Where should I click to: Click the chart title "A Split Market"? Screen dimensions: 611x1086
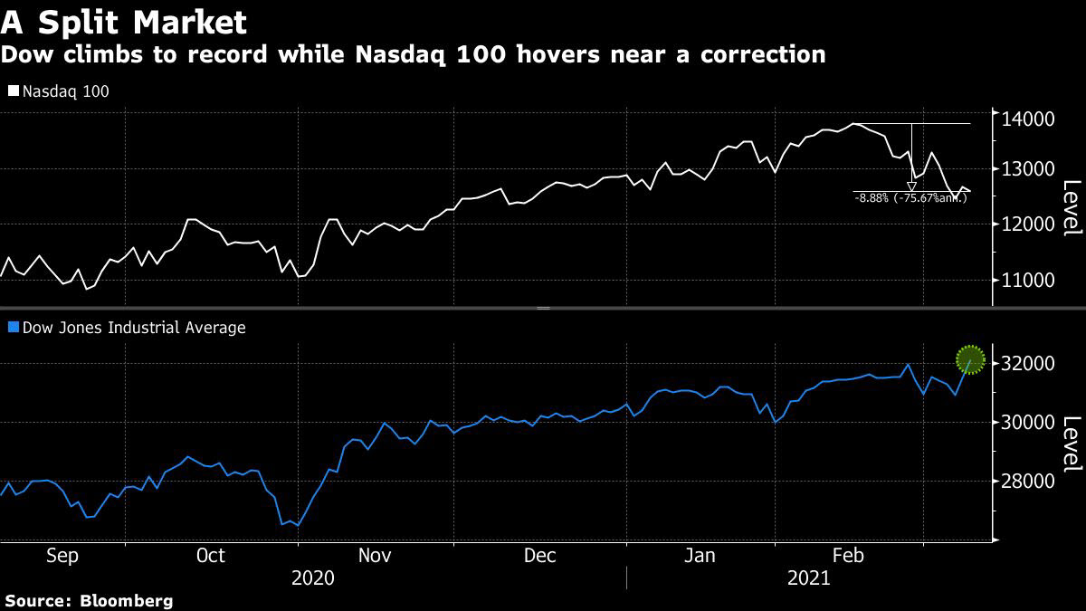(x=124, y=21)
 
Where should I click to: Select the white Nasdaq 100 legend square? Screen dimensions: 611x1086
(x=13, y=91)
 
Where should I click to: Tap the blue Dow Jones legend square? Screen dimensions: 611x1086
(x=13, y=328)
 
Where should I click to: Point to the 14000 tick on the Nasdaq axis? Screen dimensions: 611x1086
(x=1025, y=119)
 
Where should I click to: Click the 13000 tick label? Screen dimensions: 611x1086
(x=1025, y=169)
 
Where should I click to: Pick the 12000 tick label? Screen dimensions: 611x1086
(x=1025, y=224)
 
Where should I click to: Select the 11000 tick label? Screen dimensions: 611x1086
(x=1025, y=281)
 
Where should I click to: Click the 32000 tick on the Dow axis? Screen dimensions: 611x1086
(x=1025, y=364)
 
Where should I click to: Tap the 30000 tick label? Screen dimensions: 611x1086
(x=1025, y=423)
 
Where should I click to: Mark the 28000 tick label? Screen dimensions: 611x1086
(x=1025, y=482)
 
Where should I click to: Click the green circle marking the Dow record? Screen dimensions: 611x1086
(x=970, y=359)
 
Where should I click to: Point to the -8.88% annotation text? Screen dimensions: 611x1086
(x=910, y=197)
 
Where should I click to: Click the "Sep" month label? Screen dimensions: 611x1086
(x=62, y=556)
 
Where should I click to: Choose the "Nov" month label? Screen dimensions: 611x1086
(x=374, y=556)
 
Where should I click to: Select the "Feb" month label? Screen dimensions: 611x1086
(x=849, y=556)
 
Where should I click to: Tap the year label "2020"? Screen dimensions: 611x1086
(x=312, y=578)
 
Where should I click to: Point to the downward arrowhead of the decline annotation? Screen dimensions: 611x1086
(x=911, y=186)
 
